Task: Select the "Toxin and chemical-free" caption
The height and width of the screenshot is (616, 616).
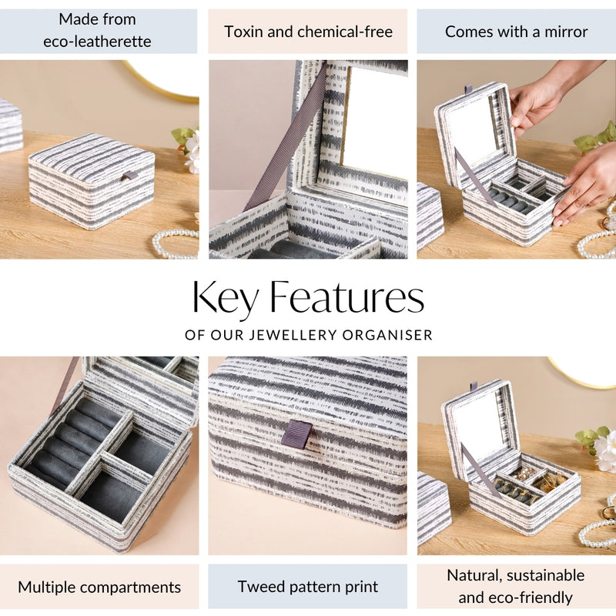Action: pyautogui.click(x=308, y=32)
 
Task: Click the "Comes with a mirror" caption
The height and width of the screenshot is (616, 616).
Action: pyautogui.click(x=516, y=32)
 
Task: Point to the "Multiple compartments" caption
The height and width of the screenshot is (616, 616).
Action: pyautogui.click(x=99, y=587)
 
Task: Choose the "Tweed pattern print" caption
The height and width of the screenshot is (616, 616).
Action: pyautogui.click(x=308, y=587)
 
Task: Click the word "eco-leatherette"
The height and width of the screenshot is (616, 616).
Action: pyautogui.click(x=98, y=42)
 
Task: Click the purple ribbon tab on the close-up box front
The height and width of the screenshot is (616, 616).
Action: pyautogui.click(x=296, y=434)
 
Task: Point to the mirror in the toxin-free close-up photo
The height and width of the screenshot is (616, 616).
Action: pyautogui.click(x=373, y=119)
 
